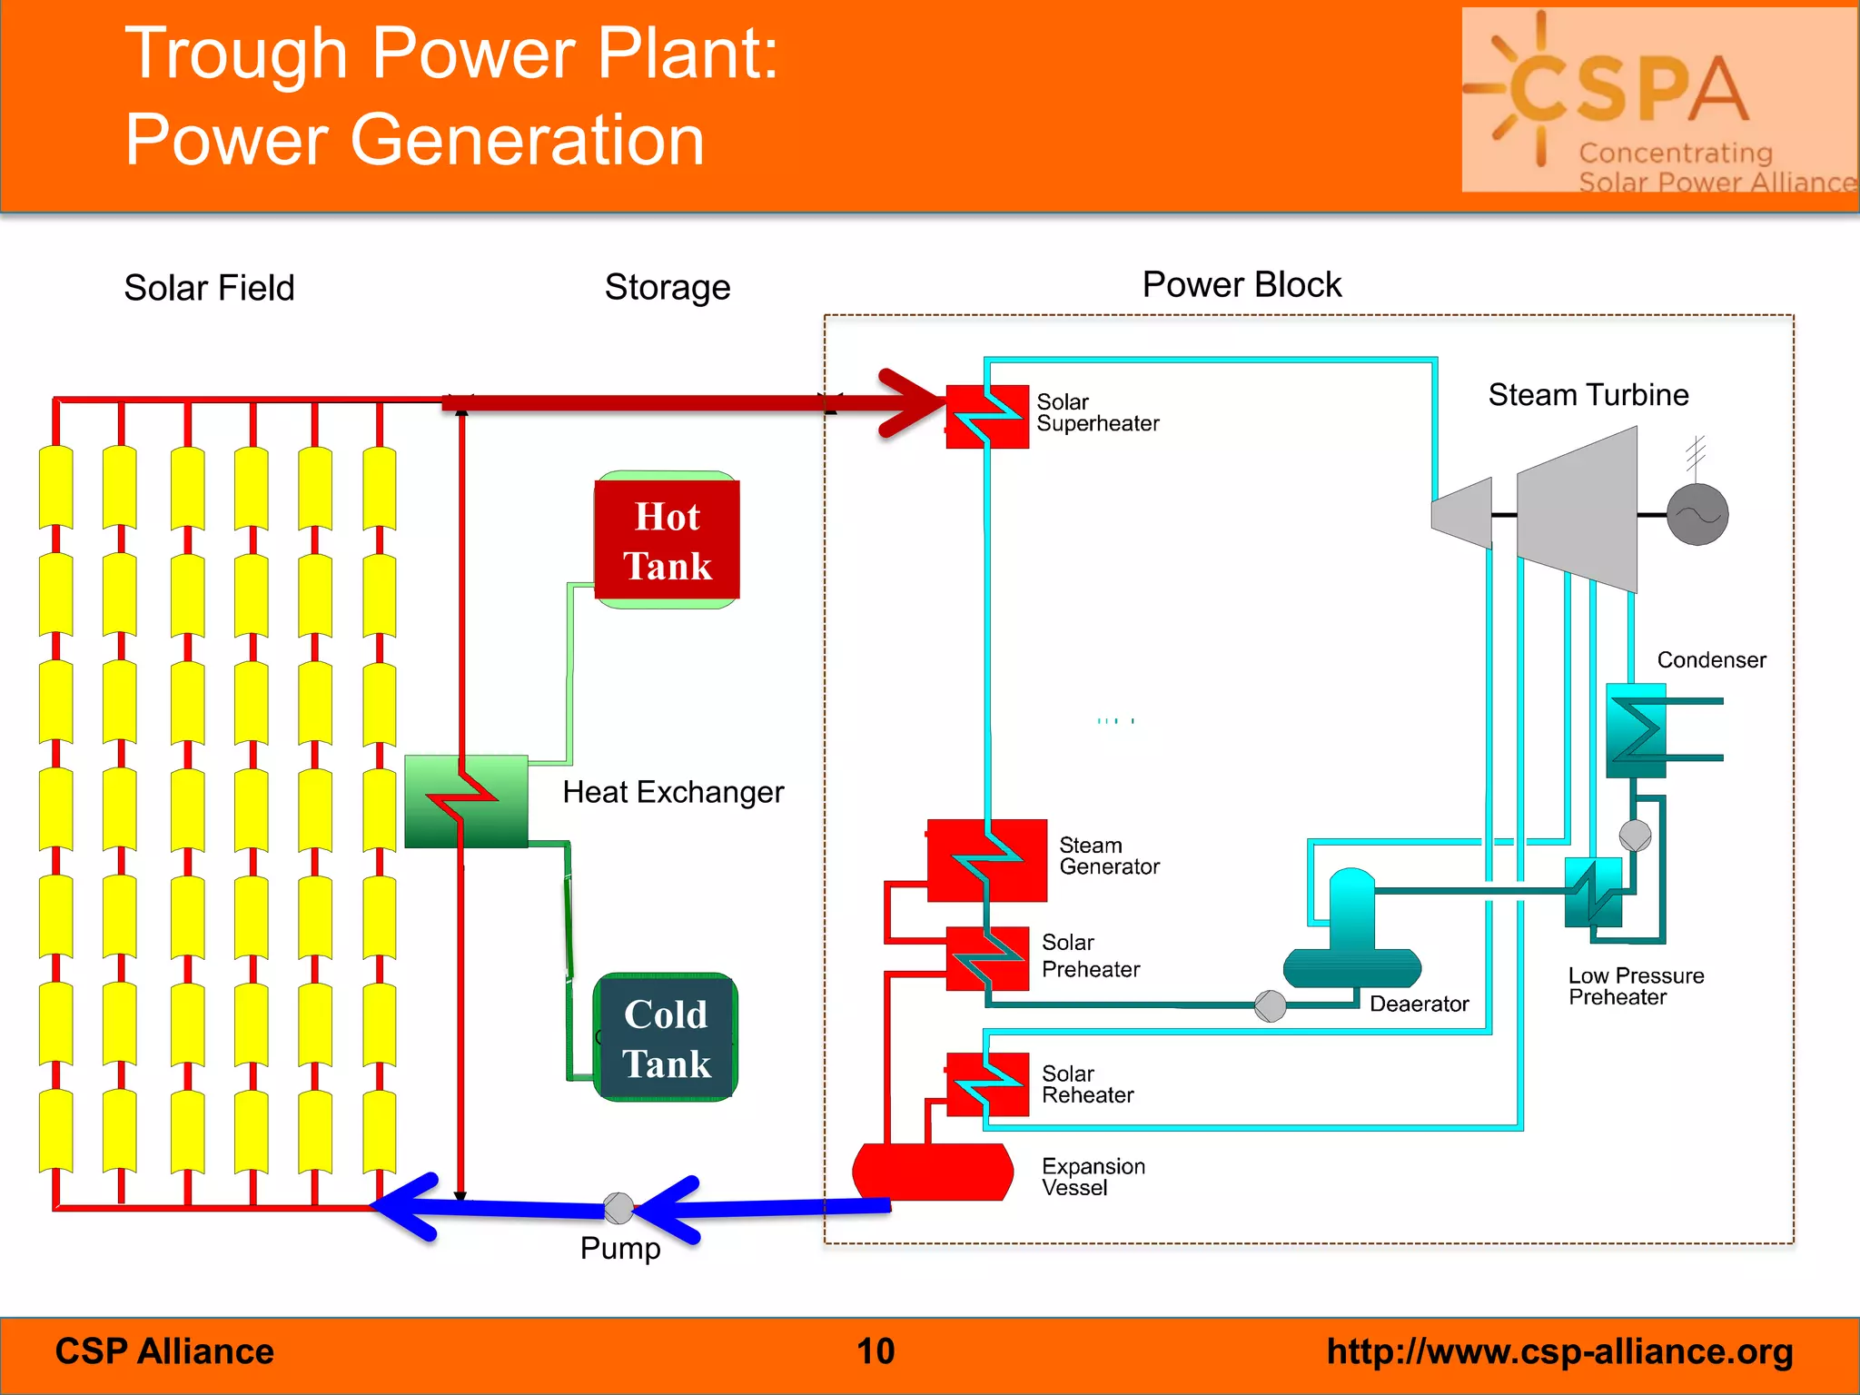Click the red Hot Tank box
point(667,540)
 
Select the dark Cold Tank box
point(666,1038)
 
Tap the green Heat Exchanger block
point(466,801)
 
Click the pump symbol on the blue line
point(618,1208)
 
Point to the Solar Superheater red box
point(987,417)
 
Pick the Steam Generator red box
point(987,860)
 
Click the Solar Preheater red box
point(988,959)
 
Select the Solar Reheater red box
point(988,1084)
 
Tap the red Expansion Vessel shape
point(933,1172)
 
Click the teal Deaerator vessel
point(1351,935)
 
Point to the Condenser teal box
point(1636,730)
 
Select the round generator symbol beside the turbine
point(1697,515)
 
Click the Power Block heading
point(1242,285)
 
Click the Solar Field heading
point(209,288)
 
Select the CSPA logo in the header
point(1658,100)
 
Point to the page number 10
point(876,1351)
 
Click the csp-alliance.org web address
point(1559,1351)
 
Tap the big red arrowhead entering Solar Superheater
point(913,402)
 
